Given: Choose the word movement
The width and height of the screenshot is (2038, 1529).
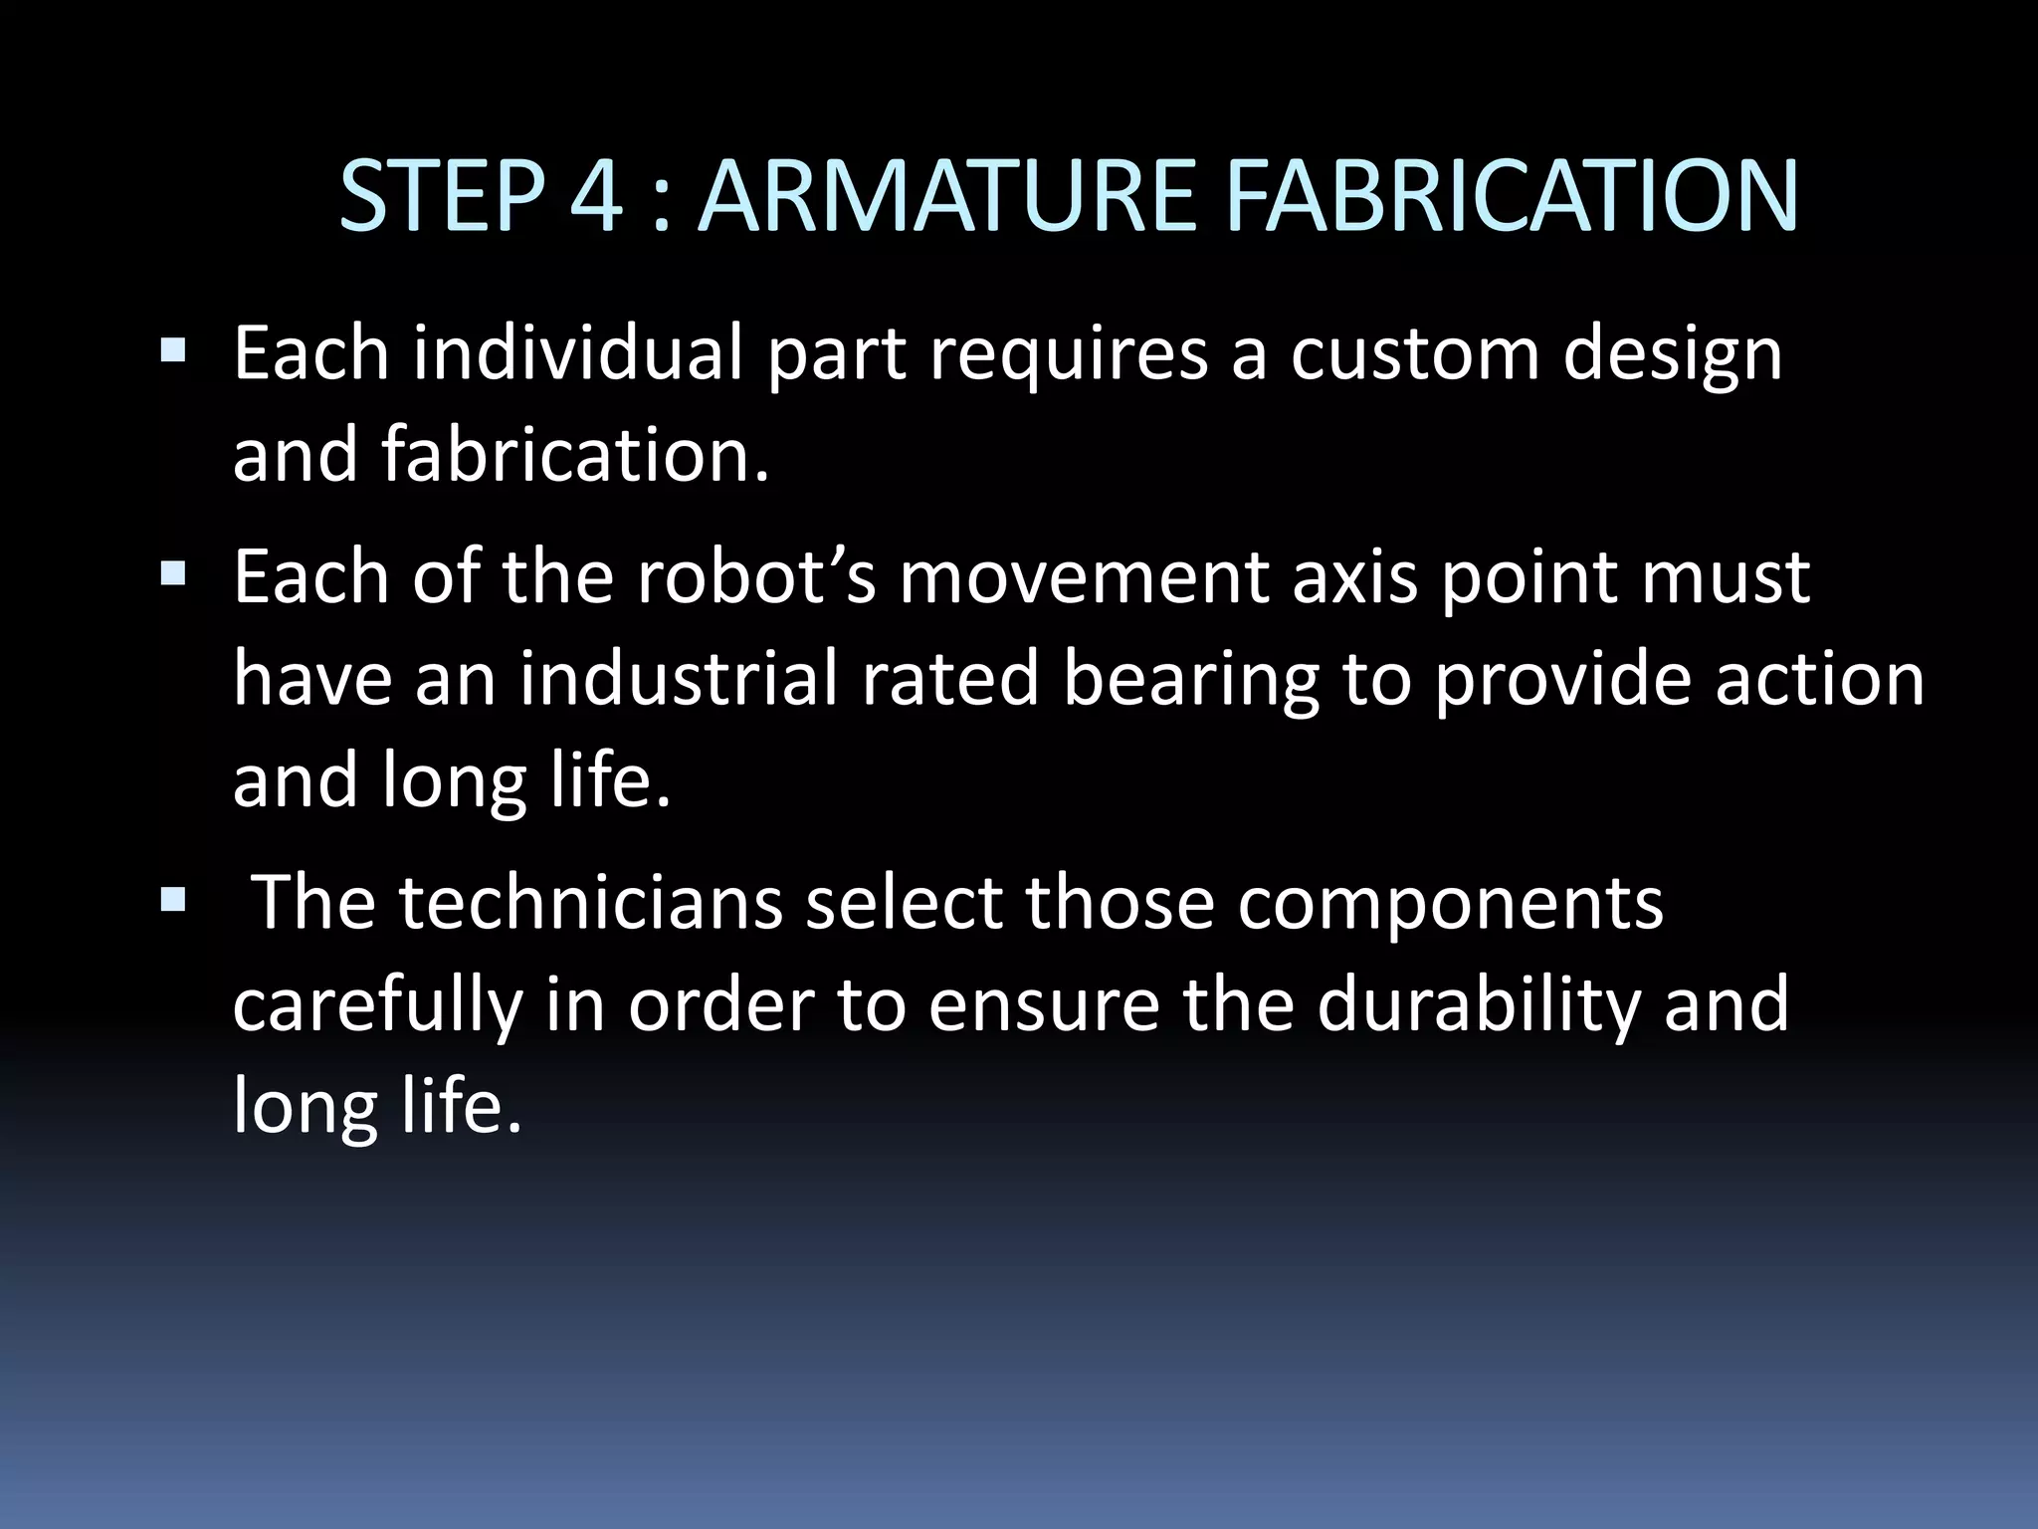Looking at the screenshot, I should tap(1084, 577).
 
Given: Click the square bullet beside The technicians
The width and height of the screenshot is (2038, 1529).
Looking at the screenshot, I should tap(172, 900).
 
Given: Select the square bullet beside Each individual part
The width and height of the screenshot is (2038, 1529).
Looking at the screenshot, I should tap(172, 350).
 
